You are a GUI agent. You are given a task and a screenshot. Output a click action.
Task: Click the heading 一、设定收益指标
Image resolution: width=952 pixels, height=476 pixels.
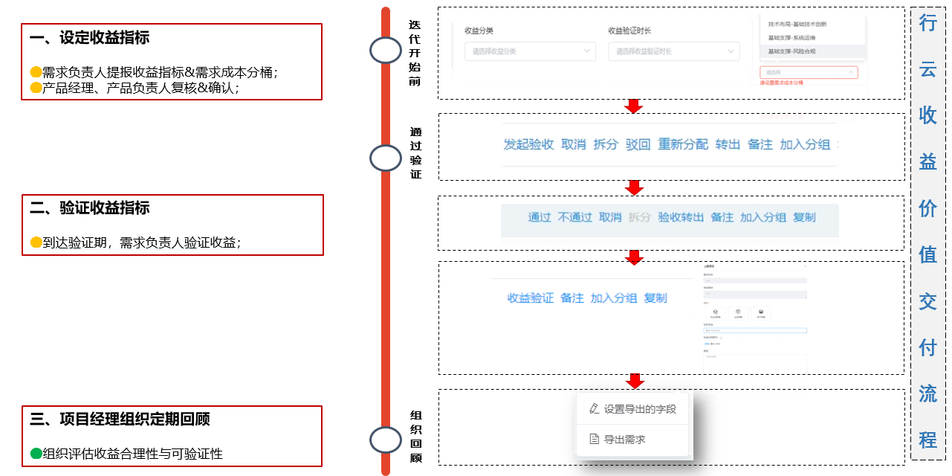tap(89, 38)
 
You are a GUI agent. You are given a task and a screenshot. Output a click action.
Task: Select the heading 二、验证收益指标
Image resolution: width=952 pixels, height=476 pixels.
tap(89, 208)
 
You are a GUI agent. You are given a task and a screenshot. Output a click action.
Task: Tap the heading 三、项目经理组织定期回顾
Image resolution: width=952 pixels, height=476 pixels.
tap(120, 419)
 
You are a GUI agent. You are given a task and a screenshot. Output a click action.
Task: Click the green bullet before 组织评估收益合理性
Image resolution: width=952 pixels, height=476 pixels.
tap(36, 454)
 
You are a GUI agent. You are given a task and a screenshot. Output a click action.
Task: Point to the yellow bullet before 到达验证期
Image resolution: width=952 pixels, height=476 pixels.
tap(36, 242)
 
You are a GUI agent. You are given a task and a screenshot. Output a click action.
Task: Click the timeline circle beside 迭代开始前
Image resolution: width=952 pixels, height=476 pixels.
tap(385, 50)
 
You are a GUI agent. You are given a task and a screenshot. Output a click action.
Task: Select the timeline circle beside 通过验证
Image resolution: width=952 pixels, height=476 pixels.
tap(385, 158)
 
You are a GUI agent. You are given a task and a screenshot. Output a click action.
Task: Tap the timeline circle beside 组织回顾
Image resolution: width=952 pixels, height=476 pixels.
tap(385, 440)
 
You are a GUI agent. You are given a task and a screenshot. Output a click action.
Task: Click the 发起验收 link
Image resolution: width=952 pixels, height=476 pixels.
tap(528, 145)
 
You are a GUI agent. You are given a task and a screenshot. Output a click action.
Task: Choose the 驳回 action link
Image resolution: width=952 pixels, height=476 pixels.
tap(638, 145)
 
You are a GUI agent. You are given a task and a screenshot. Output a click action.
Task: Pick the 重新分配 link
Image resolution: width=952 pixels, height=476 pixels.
tap(683, 145)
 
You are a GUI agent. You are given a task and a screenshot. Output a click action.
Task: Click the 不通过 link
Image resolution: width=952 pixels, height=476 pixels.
tap(574, 217)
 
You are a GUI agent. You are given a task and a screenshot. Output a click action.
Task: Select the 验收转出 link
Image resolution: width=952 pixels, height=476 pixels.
tap(680, 217)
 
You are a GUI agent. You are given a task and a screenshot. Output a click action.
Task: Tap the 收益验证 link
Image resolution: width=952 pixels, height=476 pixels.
tap(530, 298)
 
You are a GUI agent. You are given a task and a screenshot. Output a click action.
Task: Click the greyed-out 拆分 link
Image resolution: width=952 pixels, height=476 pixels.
tap(639, 217)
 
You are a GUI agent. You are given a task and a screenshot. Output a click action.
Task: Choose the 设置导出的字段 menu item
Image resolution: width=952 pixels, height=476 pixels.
tap(639, 408)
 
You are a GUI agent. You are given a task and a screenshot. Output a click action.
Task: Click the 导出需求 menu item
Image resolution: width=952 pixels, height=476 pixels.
tap(624, 440)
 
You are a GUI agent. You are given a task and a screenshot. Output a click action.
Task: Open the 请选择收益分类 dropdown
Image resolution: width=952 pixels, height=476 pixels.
tap(529, 51)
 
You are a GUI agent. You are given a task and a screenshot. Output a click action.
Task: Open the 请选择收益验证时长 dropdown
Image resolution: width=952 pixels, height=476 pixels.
tap(673, 51)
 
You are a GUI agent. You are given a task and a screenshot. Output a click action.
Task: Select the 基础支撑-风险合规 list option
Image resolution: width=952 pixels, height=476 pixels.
tap(791, 51)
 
